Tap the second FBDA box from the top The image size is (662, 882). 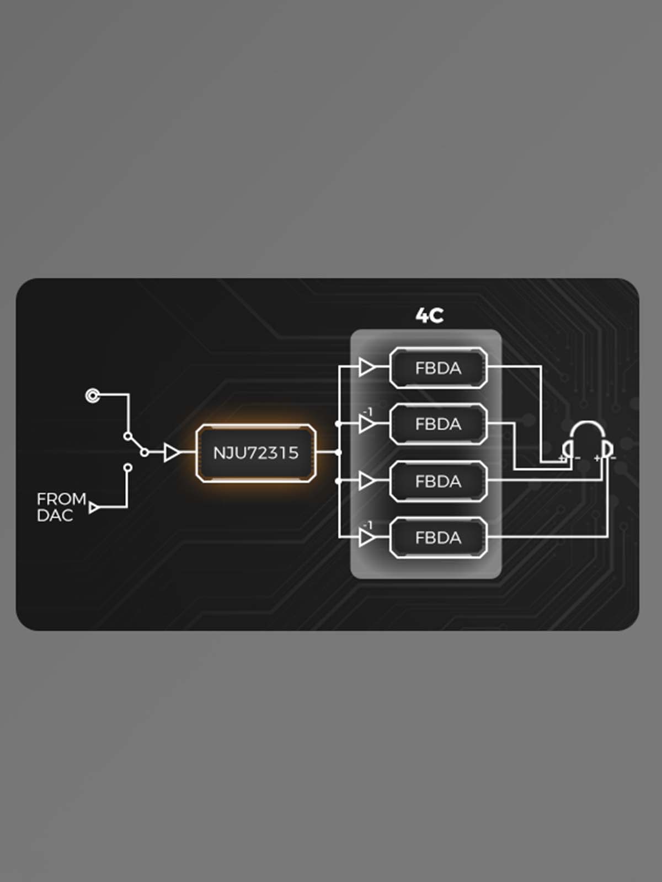pos(438,424)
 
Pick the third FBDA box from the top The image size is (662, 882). pos(438,481)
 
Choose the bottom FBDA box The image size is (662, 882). pos(438,537)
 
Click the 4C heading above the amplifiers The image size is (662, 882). pos(429,315)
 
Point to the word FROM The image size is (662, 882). pos(61,499)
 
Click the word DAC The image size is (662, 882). pos(55,515)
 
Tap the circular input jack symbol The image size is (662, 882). pos(93,396)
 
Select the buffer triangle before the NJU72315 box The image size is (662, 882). pos(172,453)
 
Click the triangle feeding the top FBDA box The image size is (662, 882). pos(367,367)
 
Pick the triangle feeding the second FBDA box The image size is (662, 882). pos(367,424)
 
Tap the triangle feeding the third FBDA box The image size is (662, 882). pos(367,481)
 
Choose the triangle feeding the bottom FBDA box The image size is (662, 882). pos(367,537)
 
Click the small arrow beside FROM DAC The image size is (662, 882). pos(94,508)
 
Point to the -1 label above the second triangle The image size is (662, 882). pos(367,411)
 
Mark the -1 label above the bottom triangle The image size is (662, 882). pos(367,525)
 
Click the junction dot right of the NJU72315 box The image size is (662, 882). pos(338,453)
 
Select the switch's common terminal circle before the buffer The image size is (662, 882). pos(145,453)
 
